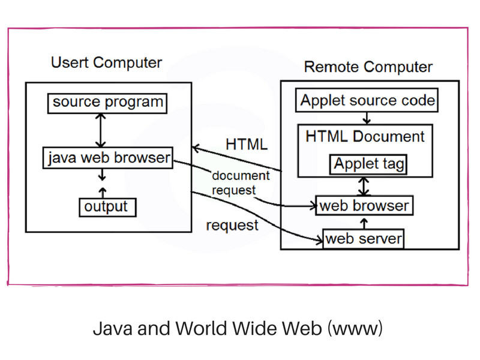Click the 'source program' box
click(107, 103)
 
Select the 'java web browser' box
click(109, 158)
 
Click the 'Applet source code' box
click(367, 100)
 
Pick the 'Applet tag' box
click(368, 164)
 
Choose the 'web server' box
click(364, 239)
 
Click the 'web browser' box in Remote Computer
click(364, 206)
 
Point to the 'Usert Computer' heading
click(106, 62)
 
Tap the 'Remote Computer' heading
click(368, 67)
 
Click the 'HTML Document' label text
click(365, 136)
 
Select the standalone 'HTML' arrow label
click(246, 145)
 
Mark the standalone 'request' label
click(232, 226)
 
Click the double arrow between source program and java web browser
click(101, 130)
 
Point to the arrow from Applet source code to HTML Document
click(367, 118)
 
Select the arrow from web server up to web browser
click(364, 223)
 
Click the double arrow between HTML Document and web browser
click(364, 186)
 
